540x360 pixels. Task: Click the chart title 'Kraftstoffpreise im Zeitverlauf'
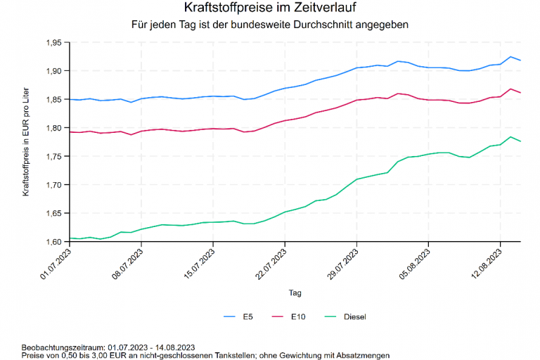point(270,8)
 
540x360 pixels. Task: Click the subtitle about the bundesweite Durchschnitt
point(270,25)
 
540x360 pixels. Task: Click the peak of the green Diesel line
point(510,136)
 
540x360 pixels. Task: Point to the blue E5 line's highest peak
point(510,57)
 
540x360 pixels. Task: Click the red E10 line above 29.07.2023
point(357,100)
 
